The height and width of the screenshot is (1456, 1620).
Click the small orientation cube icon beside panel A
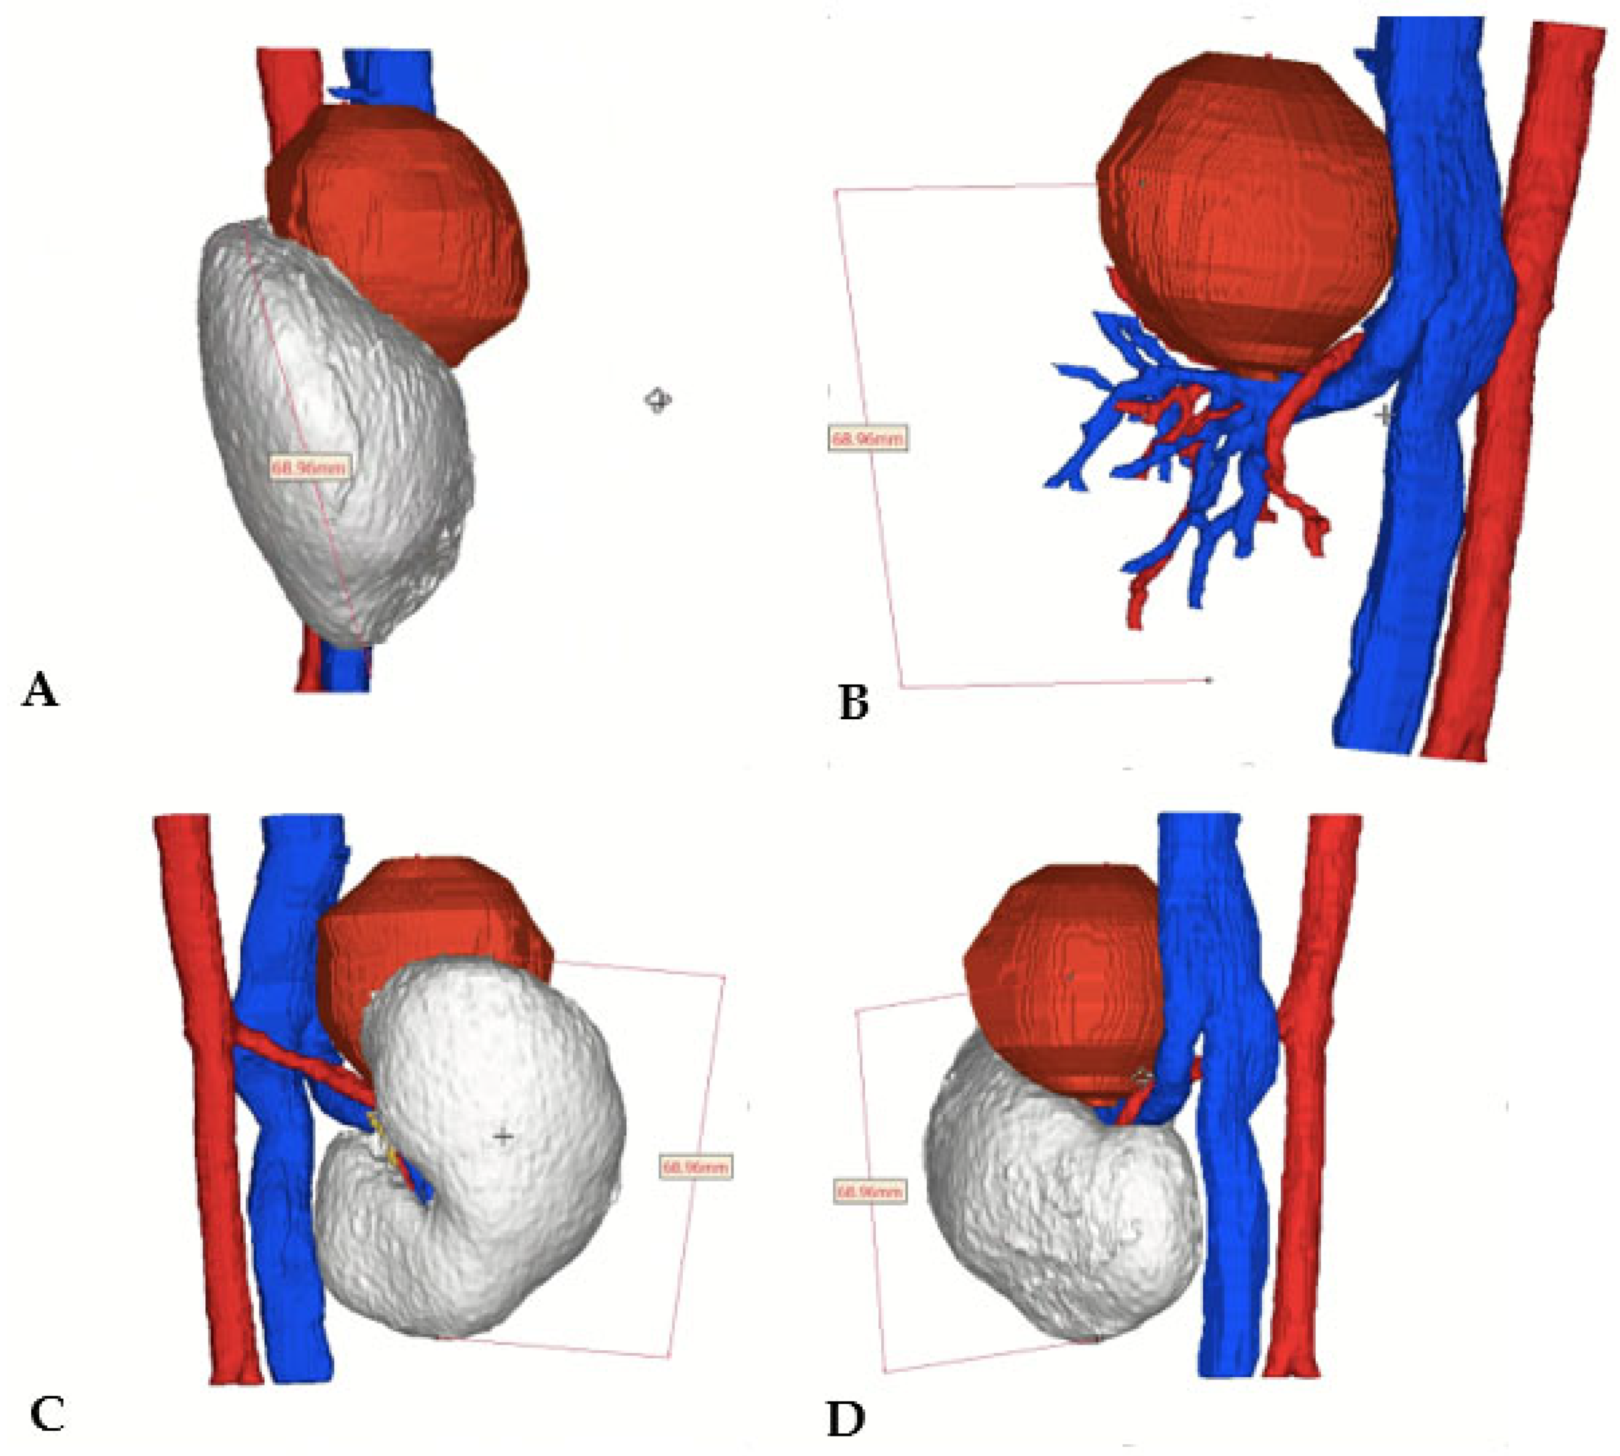coord(657,399)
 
